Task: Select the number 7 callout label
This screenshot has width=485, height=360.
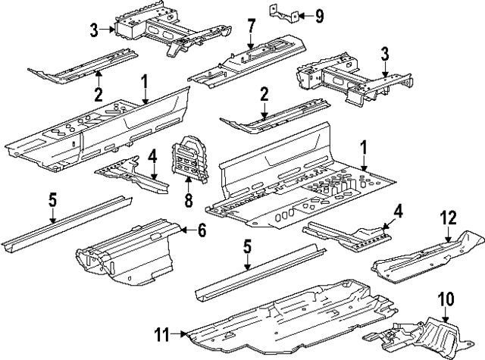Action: [x=249, y=27]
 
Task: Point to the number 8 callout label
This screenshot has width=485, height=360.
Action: [x=187, y=202]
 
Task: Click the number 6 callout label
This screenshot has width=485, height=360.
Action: [x=202, y=231]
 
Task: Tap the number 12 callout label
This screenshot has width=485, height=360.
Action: [x=448, y=219]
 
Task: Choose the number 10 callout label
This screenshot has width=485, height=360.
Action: [x=445, y=298]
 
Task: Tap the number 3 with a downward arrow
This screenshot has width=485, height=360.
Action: [x=385, y=54]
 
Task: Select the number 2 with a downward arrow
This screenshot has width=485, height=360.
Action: [x=264, y=95]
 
